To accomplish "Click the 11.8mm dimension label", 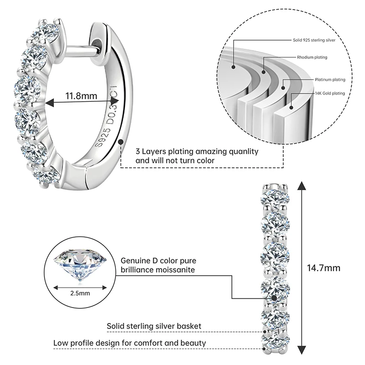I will tap(81, 96).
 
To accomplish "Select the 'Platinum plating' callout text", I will tap(329, 79).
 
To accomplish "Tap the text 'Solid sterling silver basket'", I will tap(154, 326).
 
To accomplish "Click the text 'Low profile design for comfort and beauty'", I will tap(130, 343).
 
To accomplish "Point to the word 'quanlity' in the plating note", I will tap(243, 151).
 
